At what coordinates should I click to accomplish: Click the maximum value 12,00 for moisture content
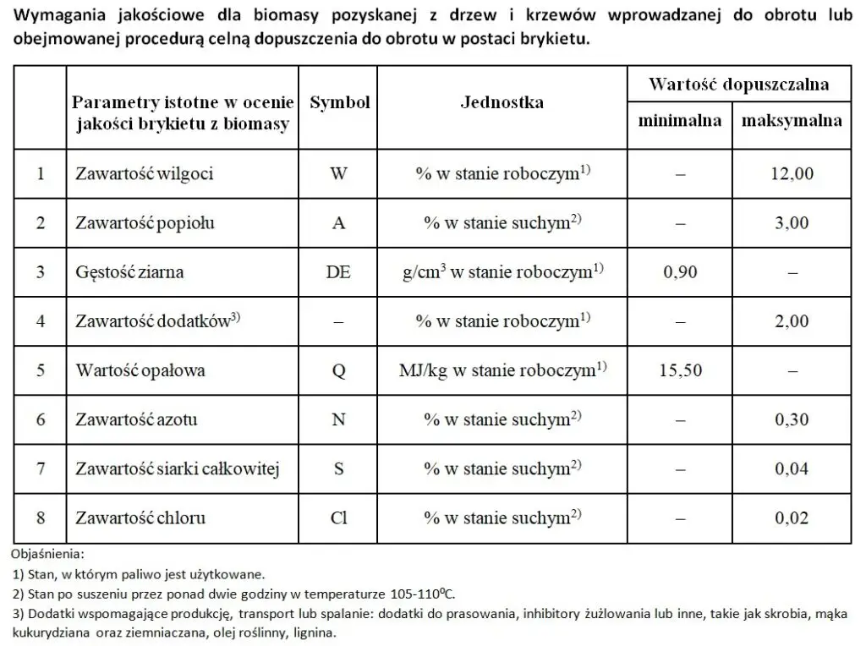point(792,174)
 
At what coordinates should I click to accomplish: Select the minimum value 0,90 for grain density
point(679,272)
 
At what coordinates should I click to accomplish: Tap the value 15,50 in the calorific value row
point(679,370)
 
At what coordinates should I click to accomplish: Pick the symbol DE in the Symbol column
point(338,272)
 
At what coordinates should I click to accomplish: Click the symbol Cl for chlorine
point(338,517)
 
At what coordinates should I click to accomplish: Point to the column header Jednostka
point(502,103)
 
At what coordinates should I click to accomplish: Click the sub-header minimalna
point(679,120)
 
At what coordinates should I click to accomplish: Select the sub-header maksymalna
point(792,120)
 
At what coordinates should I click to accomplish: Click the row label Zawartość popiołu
point(145,223)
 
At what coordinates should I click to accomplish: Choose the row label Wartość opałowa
point(140,370)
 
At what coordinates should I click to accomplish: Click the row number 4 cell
point(40,321)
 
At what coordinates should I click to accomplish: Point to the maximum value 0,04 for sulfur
point(792,468)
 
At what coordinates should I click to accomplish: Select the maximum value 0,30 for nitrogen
point(792,419)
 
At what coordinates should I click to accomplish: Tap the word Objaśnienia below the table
point(48,555)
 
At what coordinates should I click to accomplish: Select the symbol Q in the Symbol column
point(338,370)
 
